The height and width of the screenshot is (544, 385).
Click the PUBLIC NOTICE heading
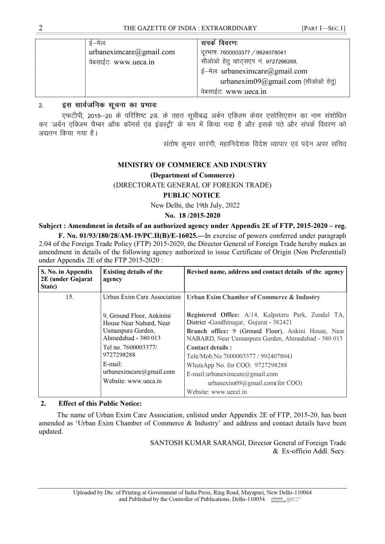(x=192, y=195)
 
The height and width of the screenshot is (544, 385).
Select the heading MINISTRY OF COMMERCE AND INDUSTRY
(x=192, y=165)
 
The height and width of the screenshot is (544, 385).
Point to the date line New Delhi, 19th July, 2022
(x=192, y=205)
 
